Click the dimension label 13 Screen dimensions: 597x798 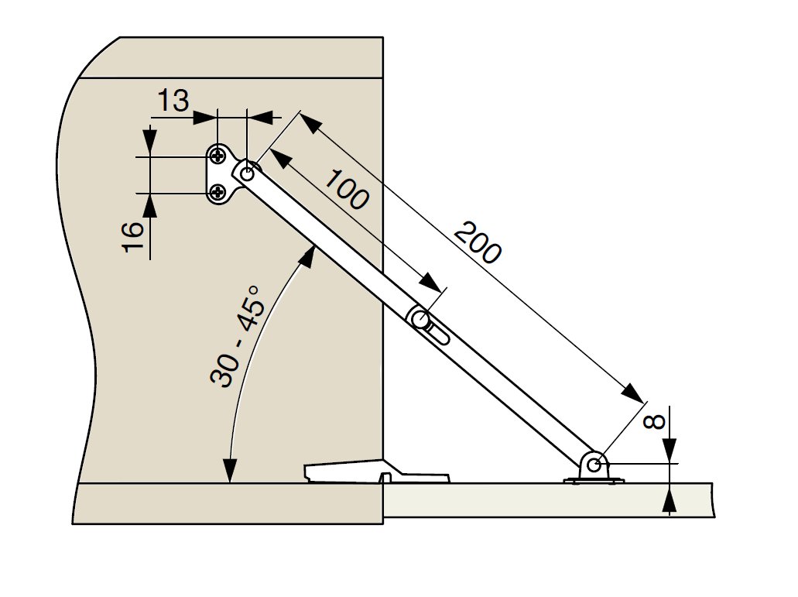[173, 101]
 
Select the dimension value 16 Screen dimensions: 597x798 [132, 237]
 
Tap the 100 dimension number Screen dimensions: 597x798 [346, 189]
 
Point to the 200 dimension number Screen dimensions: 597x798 [478, 242]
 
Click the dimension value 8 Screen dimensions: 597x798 [655, 422]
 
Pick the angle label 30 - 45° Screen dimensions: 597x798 [238, 335]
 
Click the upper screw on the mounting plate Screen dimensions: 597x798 [217, 156]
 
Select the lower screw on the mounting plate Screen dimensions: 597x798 [217, 190]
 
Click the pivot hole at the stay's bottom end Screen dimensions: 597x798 [594, 465]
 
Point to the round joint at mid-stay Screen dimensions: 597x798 [420, 318]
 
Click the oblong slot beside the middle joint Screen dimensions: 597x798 [438, 336]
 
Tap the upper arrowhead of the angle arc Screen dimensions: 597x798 [307, 256]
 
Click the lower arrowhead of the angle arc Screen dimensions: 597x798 [230, 471]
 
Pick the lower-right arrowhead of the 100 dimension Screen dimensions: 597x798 [431, 282]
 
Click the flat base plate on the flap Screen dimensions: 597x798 [594, 481]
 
